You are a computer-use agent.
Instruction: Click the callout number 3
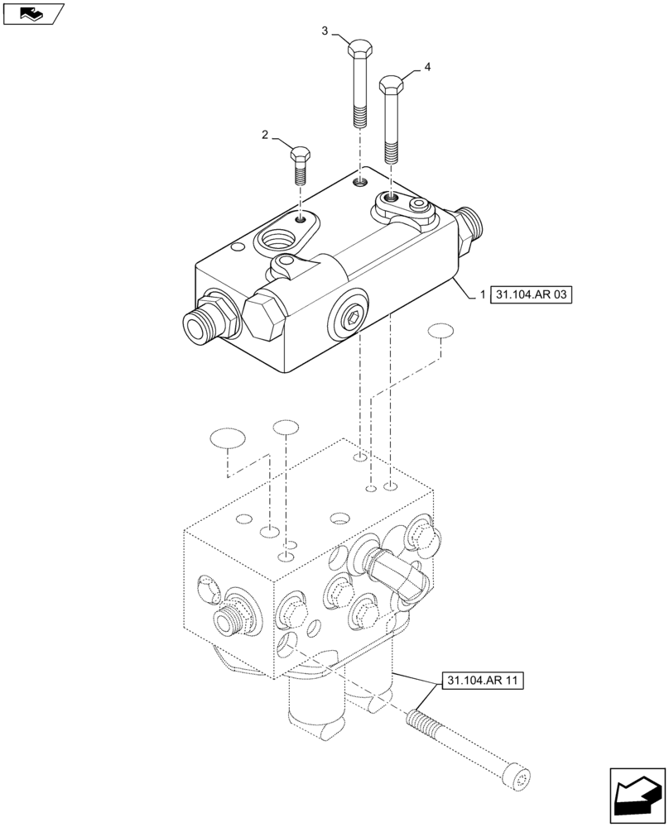325,31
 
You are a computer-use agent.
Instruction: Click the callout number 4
427,66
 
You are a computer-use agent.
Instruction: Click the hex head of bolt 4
392,84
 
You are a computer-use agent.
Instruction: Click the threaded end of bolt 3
359,117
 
